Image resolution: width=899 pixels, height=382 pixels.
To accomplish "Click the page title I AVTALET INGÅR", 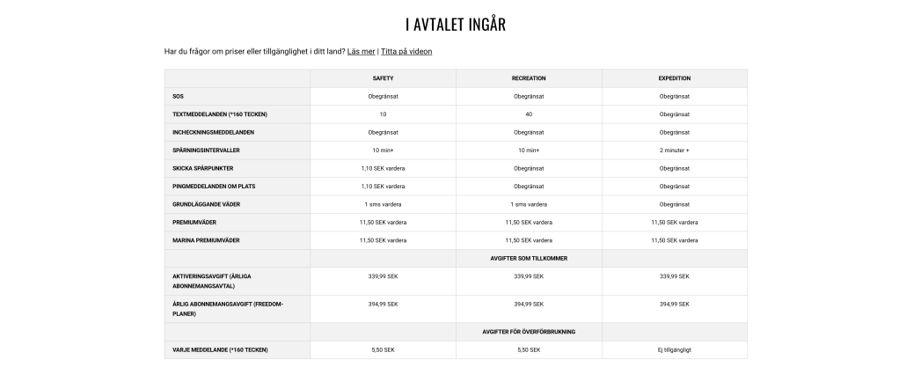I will pyautogui.click(x=455, y=24).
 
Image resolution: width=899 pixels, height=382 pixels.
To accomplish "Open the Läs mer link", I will pyautogui.click(x=361, y=51).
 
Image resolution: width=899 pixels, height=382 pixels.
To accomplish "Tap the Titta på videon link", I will pyautogui.click(x=406, y=51).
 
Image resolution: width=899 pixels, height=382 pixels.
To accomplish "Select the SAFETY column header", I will pyautogui.click(x=383, y=78).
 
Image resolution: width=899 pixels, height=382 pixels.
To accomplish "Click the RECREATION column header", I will pyautogui.click(x=529, y=78).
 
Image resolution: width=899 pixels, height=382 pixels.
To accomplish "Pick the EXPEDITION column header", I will pyautogui.click(x=675, y=78).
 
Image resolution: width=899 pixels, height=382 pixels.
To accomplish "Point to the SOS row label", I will pyautogui.click(x=179, y=96).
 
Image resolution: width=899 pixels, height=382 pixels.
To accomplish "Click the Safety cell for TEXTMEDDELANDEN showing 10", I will pyautogui.click(x=383, y=114).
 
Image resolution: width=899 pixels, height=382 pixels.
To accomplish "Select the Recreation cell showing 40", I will pyautogui.click(x=529, y=114).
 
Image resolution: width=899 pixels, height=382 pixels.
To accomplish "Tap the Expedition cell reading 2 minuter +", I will pyautogui.click(x=675, y=151).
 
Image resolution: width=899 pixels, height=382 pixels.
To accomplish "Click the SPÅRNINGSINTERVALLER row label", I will pyautogui.click(x=210, y=151).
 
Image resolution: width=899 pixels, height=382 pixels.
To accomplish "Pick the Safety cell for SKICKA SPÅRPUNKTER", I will pyautogui.click(x=383, y=168).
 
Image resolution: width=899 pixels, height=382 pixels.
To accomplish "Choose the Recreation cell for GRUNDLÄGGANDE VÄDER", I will pyautogui.click(x=529, y=204).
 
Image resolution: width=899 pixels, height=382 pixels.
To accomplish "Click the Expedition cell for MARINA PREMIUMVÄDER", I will pyautogui.click(x=675, y=240).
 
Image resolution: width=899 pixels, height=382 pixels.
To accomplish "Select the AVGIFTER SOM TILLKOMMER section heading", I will pyautogui.click(x=529, y=258).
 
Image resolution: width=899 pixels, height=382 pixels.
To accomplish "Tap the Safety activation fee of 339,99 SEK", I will pyautogui.click(x=383, y=276).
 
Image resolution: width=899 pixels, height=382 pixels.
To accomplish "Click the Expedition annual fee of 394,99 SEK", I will pyautogui.click(x=675, y=304).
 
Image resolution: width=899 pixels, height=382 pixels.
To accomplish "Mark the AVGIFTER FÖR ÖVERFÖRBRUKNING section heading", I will pyautogui.click(x=529, y=332).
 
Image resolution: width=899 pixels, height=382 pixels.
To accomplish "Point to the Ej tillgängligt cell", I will pyautogui.click(x=675, y=349).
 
